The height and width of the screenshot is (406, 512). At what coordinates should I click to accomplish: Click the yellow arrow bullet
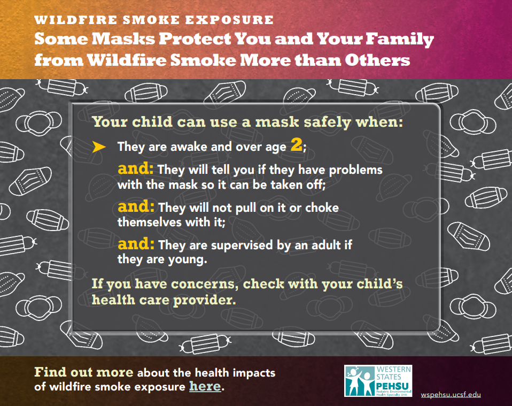99,147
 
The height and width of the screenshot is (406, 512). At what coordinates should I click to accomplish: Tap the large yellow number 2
296,144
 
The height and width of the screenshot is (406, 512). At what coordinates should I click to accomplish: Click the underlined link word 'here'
205,386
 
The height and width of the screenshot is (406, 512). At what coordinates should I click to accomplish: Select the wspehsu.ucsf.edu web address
451,395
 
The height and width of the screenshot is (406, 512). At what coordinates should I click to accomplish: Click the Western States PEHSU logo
378,381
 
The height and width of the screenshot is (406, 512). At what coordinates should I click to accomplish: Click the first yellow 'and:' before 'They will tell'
136,168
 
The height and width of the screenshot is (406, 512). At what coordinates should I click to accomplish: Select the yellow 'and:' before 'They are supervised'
136,243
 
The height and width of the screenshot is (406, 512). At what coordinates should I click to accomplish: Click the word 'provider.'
204,300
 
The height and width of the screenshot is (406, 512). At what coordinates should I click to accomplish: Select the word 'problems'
355,170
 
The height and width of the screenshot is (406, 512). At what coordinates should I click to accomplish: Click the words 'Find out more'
84,372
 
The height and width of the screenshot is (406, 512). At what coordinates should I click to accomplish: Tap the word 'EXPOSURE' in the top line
230,20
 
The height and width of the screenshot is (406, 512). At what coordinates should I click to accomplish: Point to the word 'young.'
188,260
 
